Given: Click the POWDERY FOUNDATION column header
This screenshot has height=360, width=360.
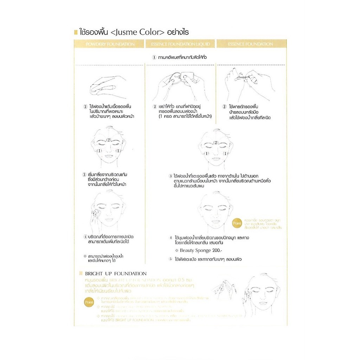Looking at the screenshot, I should [110, 44].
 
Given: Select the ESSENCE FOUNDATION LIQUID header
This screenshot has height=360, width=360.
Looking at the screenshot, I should [180, 44].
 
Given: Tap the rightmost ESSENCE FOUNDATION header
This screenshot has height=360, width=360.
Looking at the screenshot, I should [250, 44].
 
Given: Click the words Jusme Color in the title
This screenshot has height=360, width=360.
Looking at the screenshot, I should [137, 33].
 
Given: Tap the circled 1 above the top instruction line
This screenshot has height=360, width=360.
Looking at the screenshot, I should [154, 57].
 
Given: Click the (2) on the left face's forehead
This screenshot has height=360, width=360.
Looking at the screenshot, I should [109, 140].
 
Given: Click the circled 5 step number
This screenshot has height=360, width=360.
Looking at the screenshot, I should [171, 259].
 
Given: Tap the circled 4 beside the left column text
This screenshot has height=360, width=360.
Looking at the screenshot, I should [85, 237].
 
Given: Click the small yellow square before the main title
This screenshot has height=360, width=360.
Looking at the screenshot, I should [76, 33].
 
